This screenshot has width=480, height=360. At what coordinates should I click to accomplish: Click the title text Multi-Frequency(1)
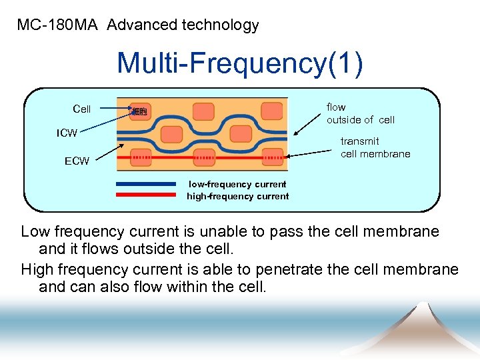pyautogui.click(x=240, y=63)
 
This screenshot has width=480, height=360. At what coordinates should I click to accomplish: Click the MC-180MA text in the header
pyautogui.click(x=57, y=25)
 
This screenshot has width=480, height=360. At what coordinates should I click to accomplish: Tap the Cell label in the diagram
pyautogui.click(x=81, y=109)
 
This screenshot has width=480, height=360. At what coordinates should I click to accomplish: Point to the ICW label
pyautogui.click(x=67, y=133)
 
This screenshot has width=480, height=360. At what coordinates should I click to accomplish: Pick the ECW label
pyautogui.click(x=77, y=161)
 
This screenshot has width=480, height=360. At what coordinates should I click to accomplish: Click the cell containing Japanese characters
pyautogui.click(x=139, y=111)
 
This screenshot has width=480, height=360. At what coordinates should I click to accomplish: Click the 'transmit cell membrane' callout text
pyautogui.click(x=375, y=147)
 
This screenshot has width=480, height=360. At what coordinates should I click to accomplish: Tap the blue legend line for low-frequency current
pyautogui.click(x=145, y=184)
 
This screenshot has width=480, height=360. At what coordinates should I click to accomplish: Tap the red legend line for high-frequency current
pyautogui.click(x=145, y=195)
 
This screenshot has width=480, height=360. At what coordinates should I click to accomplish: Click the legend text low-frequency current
pyautogui.click(x=237, y=184)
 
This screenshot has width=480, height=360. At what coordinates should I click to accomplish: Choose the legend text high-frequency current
pyautogui.click(x=237, y=196)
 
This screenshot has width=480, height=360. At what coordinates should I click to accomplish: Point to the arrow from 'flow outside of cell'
pyautogui.click(x=307, y=121)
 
